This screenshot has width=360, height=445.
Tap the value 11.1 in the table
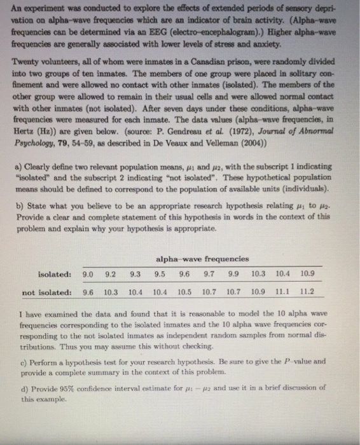click(x=281, y=293)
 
